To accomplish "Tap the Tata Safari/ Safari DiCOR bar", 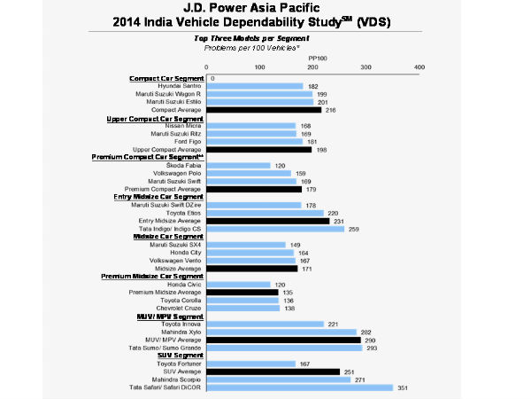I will tap(299, 387).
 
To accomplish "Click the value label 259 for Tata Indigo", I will tap(354, 229).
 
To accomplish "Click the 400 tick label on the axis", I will tap(419, 66).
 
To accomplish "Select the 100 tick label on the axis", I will tap(259, 66).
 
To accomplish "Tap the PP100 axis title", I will tap(318, 58).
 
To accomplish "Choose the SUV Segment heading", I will tap(178, 355).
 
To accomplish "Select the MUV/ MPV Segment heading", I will tap(168, 316).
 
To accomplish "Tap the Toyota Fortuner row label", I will tap(176, 364).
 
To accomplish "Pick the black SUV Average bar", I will tap(273, 372).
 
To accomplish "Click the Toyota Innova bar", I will tap(265, 324).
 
